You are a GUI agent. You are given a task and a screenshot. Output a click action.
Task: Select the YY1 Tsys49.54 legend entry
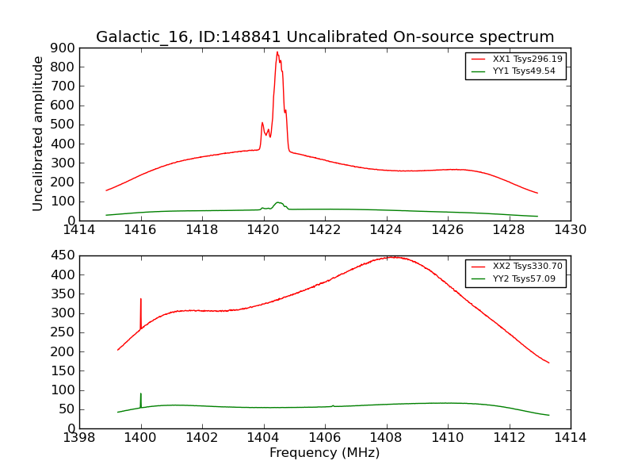click(x=524, y=71)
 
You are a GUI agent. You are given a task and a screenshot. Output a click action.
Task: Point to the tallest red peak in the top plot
click(x=277, y=53)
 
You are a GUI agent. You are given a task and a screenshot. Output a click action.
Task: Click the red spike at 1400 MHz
click(x=141, y=300)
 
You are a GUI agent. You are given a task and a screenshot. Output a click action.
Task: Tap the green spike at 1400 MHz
click(x=141, y=394)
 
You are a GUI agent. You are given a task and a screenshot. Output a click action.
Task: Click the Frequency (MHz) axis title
click(x=324, y=453)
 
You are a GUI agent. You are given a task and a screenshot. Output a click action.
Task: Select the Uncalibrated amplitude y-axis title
click(x=38, y=133)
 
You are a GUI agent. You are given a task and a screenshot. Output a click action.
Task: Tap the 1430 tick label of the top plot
click(x=570, y=230)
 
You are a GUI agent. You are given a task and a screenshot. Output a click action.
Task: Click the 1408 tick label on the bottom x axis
click(x=386, y=438)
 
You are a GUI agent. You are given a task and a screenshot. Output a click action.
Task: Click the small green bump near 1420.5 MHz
click(x=278, y=202)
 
